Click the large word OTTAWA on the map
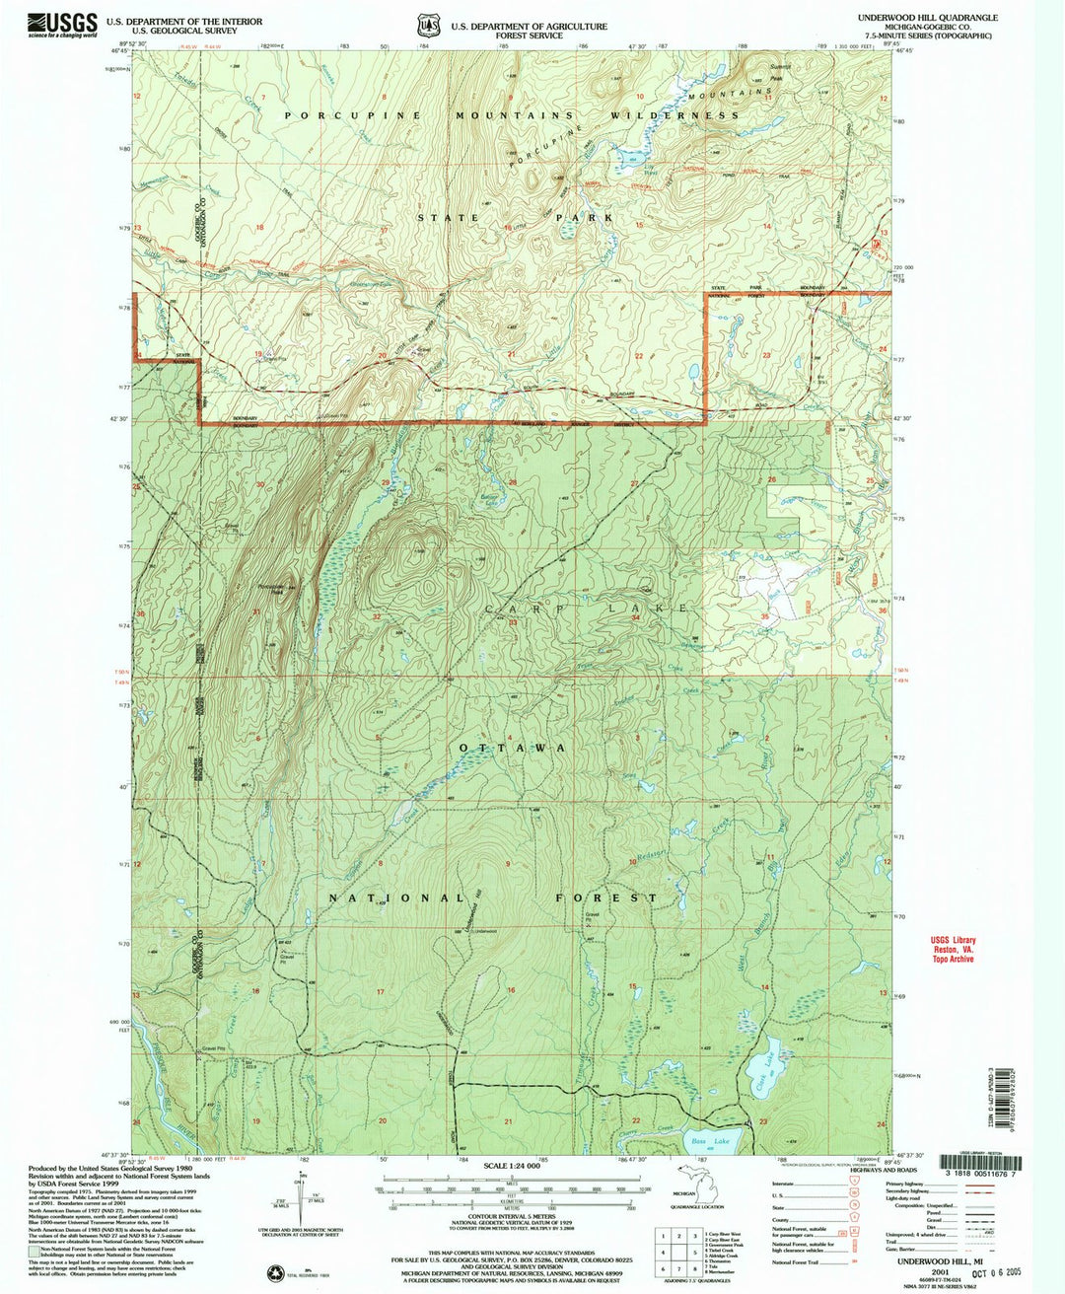coord(513,749)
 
